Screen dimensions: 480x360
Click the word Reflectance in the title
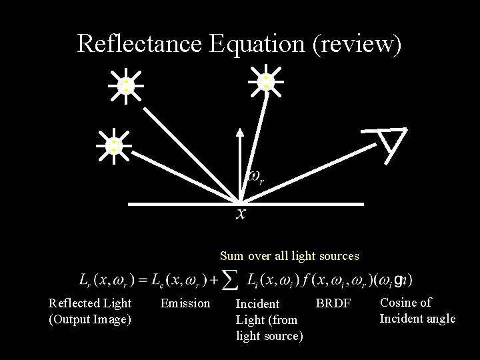coord(139,44)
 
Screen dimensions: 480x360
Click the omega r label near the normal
coord(255,177)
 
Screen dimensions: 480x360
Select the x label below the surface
coord(241,213)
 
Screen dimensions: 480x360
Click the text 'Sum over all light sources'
coord(289,256)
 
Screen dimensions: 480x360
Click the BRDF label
coord(333,303)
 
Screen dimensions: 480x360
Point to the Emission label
coord(185,303)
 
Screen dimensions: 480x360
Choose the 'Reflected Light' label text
coord(90,303)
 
